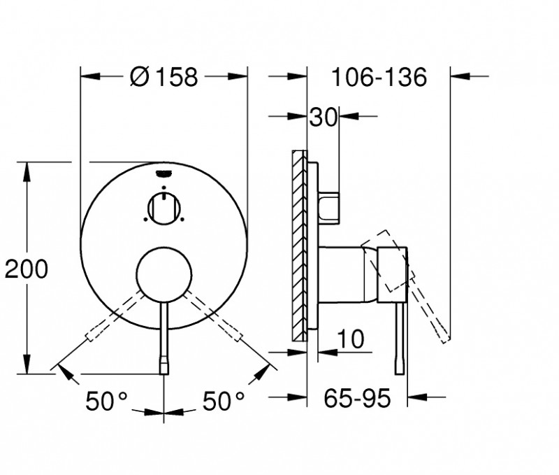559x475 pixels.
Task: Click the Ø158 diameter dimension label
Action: click(164, 76)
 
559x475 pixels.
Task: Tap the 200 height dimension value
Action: click(26, 268)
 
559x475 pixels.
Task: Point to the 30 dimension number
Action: click(324, 116)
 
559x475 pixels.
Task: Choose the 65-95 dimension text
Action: click(356, 399)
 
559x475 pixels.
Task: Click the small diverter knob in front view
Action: click(164, 208)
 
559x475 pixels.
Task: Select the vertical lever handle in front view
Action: click(164, 336)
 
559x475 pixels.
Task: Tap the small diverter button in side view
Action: click(329, 206)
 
